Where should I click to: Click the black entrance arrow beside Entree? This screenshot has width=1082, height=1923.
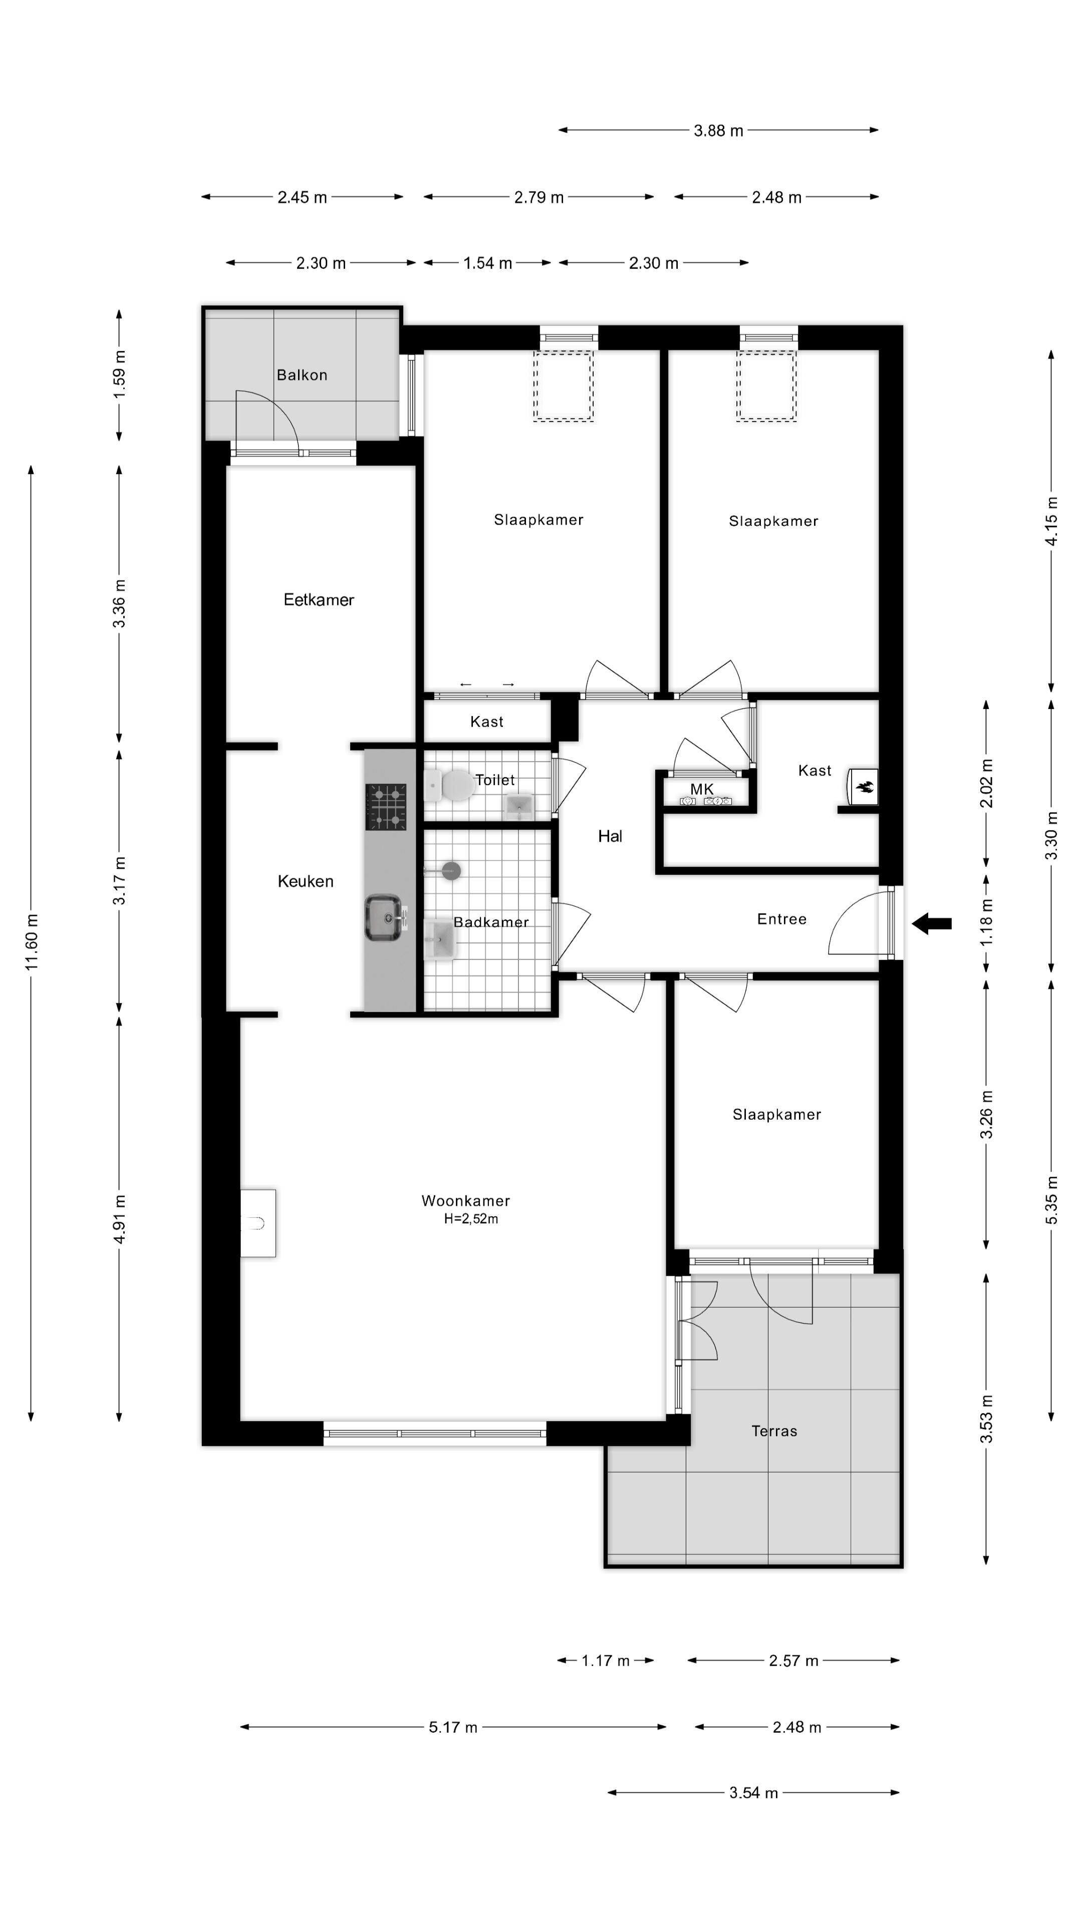click(x=931, y=923)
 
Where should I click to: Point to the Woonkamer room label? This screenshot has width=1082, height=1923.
click(x=466, y=1200)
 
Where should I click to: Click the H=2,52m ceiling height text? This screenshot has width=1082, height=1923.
click(x=471, y=1219)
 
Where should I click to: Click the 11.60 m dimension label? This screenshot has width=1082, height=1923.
click(x=32, y=942)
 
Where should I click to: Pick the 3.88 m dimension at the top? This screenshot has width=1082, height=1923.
click(x=718, y=131)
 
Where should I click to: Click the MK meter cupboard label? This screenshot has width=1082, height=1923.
click(x=702, y=789)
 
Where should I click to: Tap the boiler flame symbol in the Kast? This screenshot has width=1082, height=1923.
click(x=866, y=787)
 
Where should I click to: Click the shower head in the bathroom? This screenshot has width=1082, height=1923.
click(x=450, y=870)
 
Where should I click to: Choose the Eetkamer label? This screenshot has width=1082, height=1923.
click(x=319, y=599)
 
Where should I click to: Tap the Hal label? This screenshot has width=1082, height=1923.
click(x=610, y=836)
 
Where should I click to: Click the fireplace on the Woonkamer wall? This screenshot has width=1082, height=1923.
click(x=257, y=1223)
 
